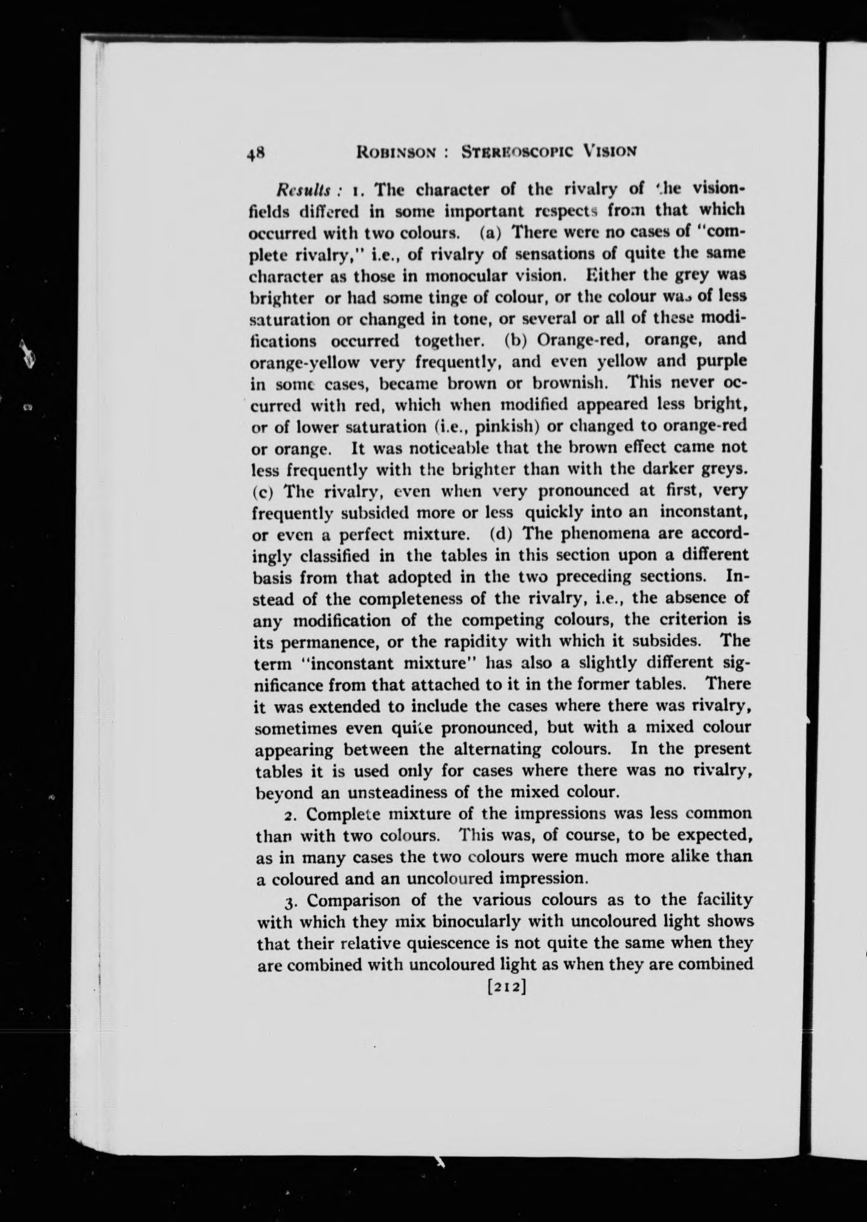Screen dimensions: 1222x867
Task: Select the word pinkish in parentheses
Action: (501, 426)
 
